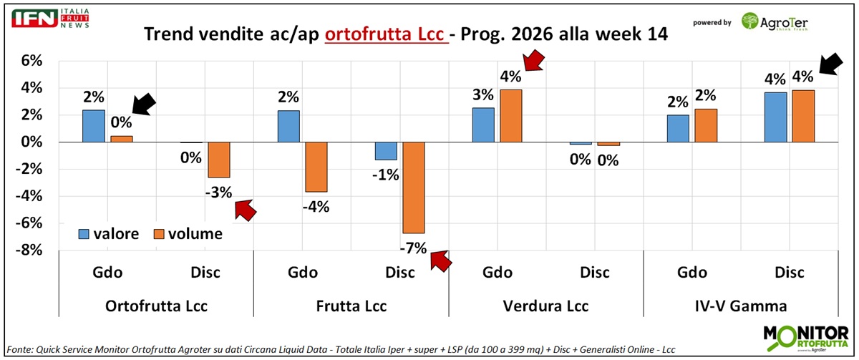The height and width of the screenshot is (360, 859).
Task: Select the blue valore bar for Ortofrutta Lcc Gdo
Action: (x=94, y=126)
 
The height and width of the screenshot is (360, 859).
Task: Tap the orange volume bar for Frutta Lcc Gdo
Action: (x=316, y=167)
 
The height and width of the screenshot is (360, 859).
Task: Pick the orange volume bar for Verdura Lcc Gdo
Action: (x=510, y=116)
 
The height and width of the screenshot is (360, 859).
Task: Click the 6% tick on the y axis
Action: (x=26, y=61)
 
